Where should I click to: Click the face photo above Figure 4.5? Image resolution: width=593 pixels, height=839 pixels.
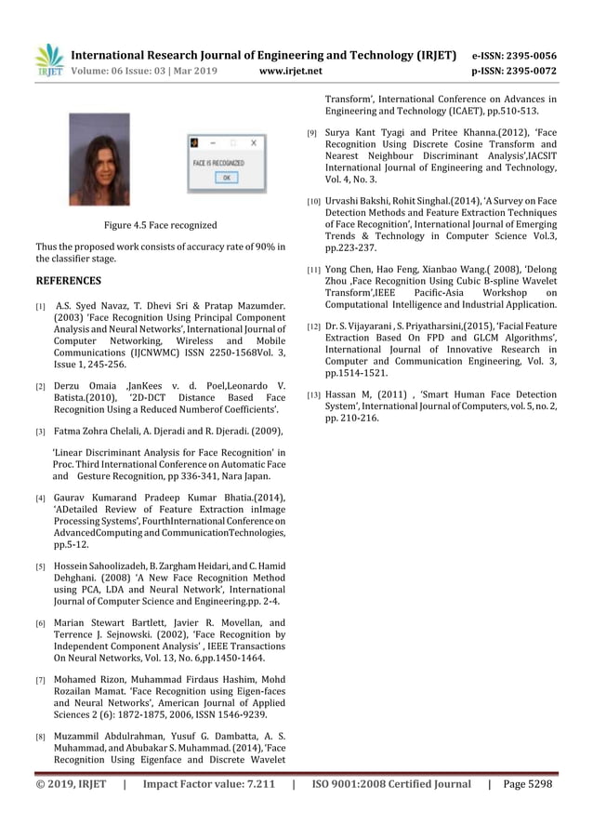tap(99, 160)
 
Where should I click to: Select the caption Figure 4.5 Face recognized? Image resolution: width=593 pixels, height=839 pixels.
tap(160, 225)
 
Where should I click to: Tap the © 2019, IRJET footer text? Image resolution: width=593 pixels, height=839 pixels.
tap(71, 783)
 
